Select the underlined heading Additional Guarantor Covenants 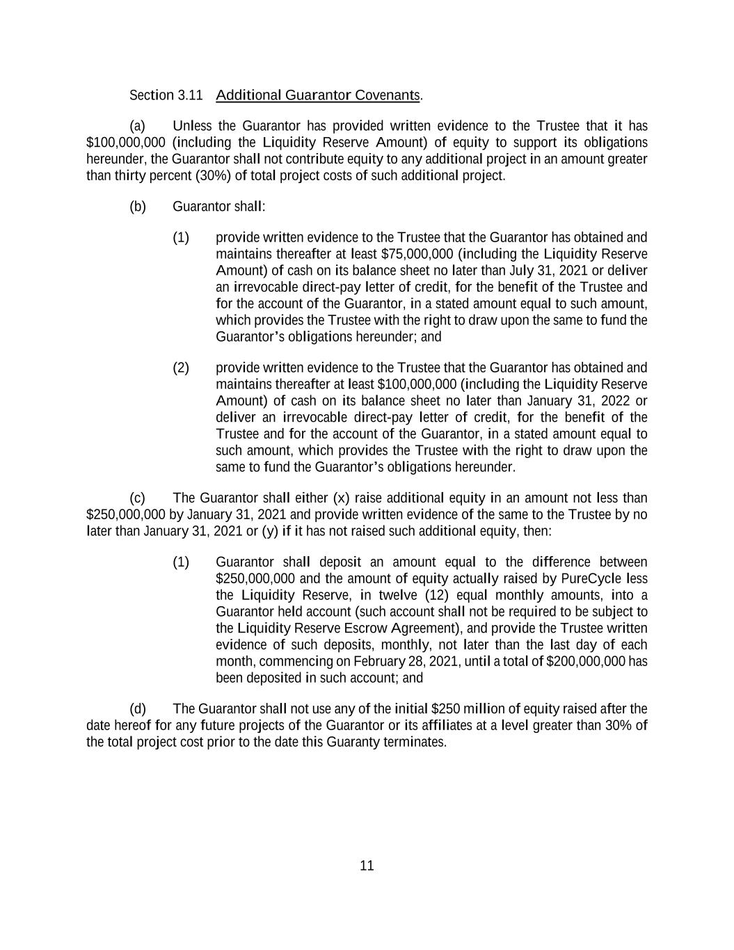[318, 95]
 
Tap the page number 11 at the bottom [367, 866]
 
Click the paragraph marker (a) [138, 126]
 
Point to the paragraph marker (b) [138, 207]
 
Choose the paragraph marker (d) [138, 709]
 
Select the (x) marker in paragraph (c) [341, 498]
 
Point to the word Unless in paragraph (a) [192, 126]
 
